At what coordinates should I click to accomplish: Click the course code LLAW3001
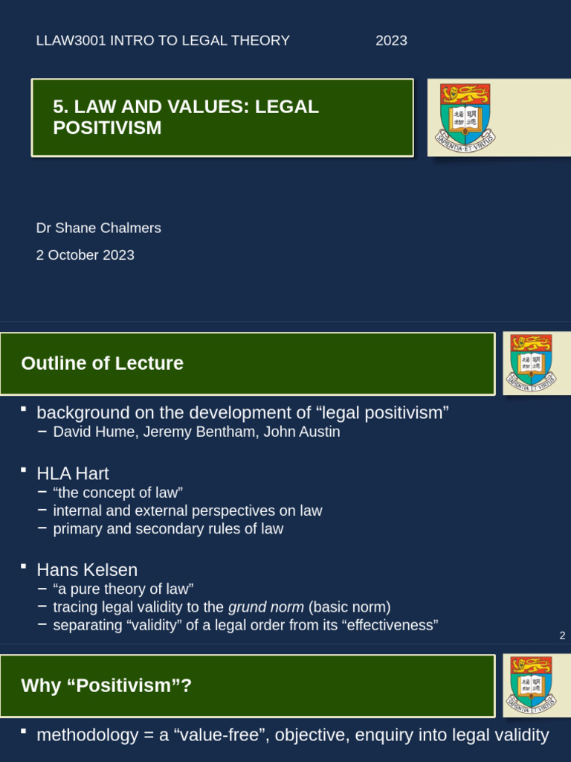pos(71,41)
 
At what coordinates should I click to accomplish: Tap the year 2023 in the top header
pos(391,41)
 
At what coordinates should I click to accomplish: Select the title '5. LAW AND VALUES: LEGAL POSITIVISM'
pos(186,118)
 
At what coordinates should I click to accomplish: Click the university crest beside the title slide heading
pos(465,117)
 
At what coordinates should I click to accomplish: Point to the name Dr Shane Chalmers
pos(98,228)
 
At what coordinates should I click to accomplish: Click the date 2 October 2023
pos(85,255)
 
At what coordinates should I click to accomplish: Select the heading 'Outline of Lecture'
pos(102,363)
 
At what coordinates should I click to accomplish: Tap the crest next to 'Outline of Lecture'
pos(531,362)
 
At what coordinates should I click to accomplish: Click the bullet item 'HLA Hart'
pos(73,473)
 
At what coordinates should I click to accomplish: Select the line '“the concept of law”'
pos(117,493)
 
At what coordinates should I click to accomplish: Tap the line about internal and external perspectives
pos(187,511)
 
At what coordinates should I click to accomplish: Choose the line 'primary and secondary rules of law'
pos(168,529)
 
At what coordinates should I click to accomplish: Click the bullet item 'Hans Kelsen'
pos(87,570)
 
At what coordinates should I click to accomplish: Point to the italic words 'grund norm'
pos(265,607)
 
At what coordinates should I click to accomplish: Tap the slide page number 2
pos(562,635)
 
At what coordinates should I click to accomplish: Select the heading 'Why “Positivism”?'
pos(106,685)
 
